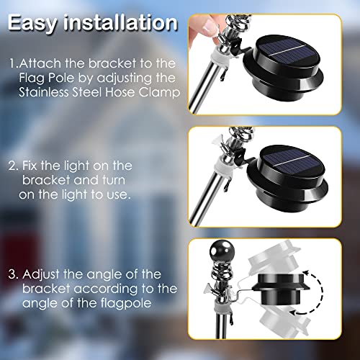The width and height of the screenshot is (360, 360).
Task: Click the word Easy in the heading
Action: [32, 24]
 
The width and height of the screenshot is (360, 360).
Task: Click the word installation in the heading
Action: [120, 22]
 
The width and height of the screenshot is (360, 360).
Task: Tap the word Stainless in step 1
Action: [44, 92]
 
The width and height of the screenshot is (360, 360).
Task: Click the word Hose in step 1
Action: [120, 92]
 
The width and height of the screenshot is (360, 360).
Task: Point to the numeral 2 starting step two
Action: [12, 166]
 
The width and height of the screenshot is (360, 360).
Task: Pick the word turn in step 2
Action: [114, 180]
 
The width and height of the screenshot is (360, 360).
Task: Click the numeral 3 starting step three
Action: [12, 274]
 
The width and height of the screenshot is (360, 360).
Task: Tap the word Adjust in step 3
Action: [41, 275]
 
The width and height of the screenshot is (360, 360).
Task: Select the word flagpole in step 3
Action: [126, 303]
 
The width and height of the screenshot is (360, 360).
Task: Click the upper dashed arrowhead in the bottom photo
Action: [305, 274]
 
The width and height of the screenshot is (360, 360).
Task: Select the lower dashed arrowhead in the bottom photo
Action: [293, 312]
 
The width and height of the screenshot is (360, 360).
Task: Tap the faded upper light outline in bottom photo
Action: [274, 260]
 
